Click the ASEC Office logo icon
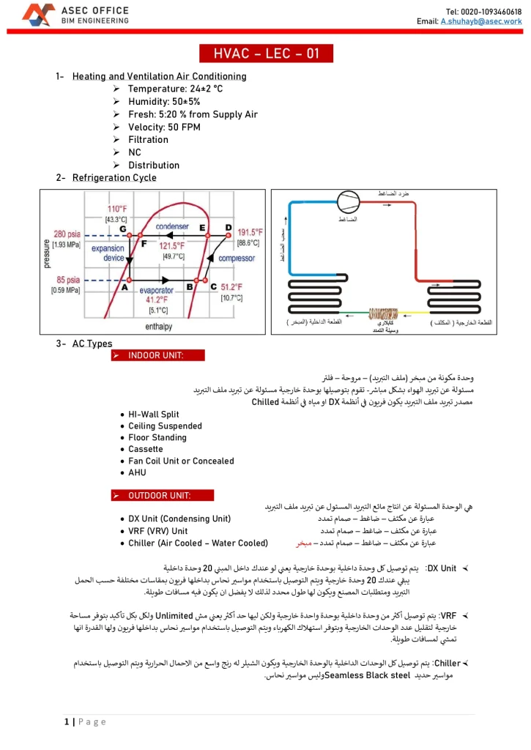(38, 15)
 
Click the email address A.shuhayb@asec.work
(480, 22)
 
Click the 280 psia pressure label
(67, 234)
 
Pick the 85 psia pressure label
(67, 280)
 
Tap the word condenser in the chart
(172, 227)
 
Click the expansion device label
(108, 253)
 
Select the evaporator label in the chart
(156, 291)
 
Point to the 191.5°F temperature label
(249, 232)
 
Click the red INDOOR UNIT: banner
(158, 355)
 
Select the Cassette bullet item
(146, 449)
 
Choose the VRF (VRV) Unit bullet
(157, 531)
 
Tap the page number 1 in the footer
(66, 722)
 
